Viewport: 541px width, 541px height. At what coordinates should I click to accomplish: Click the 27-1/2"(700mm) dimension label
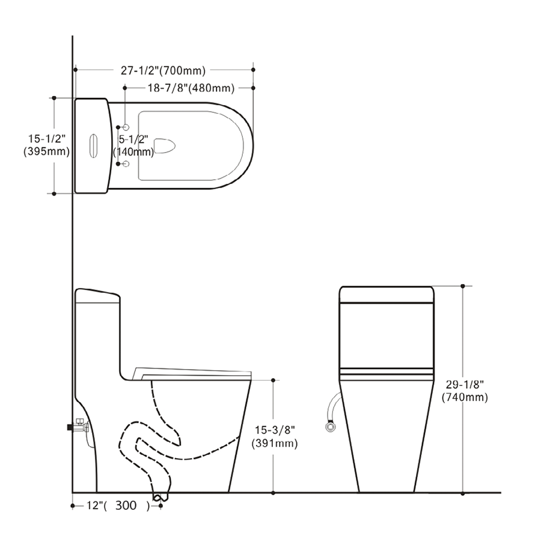pyautogui.click(x=163, y=70)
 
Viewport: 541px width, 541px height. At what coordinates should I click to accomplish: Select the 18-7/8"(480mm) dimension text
pyautogui.click(x=191, y=88)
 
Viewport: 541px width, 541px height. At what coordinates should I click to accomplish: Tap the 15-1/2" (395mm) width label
pyautogui.click(x=46, y=145)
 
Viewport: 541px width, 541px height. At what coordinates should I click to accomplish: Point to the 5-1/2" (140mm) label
pyautogui.click(x=133, y=145)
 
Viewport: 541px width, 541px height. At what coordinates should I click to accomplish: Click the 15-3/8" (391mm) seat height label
pyautogui.click(x=275, y=436)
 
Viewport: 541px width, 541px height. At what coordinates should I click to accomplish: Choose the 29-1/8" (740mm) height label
pyautogui.click(x=465, y=391)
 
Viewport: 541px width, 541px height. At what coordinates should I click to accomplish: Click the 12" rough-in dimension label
pyautogui.click(x=118, y=506)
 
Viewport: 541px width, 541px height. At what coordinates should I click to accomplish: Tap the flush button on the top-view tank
pyautogui.click(x=93, y=146)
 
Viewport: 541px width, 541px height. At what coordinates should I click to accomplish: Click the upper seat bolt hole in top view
pyautogui.click(x=126, y=127)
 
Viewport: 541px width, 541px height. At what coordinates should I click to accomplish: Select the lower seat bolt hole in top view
pyautogui.click(x=126, y=164)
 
